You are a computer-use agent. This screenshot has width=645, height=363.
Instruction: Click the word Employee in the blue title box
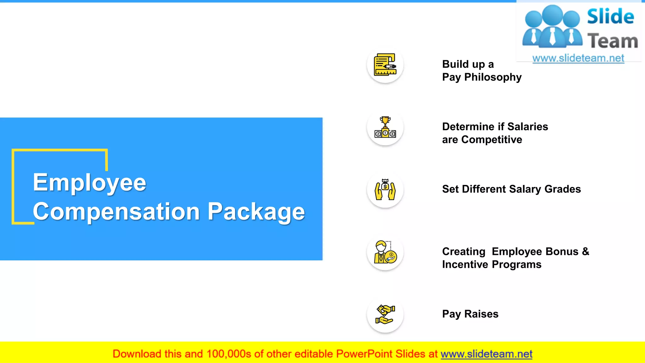click(x=89, y=183)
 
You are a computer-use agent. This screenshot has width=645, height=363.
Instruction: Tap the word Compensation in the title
click(x=117, y=212)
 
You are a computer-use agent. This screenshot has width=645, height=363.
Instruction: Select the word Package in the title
click(x=256, y=212)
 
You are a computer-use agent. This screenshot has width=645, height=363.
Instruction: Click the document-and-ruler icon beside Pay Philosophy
click(x=385, y=65)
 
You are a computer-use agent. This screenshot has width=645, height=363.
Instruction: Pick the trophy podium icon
click(x=385, y=127)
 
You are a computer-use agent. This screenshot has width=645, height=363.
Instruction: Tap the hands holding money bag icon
click(x=385, y=190)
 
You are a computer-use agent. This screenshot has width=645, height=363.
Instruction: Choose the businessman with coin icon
click(x=385, y=252)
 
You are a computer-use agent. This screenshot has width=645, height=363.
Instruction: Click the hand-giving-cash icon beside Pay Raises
click(x=385, y=314)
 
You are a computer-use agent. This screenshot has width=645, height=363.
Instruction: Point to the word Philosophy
click(x=493, y=77)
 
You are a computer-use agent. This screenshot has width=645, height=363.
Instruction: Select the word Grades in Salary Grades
click(x=562, y=189)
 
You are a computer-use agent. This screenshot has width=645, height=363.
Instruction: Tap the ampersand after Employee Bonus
click(x=585, y=251)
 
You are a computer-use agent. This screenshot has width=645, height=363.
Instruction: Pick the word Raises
click(x=481, y=314)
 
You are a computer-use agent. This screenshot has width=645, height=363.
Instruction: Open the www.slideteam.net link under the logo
click(x=578, y=58)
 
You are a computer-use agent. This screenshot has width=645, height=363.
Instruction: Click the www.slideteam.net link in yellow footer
click(x=486, y=354)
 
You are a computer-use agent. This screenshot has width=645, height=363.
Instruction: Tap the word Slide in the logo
click(x=610, y=16)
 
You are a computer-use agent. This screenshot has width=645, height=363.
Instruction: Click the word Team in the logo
click(x=613, y=41)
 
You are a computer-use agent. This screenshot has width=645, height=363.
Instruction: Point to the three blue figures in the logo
click(x=552, y=27)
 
